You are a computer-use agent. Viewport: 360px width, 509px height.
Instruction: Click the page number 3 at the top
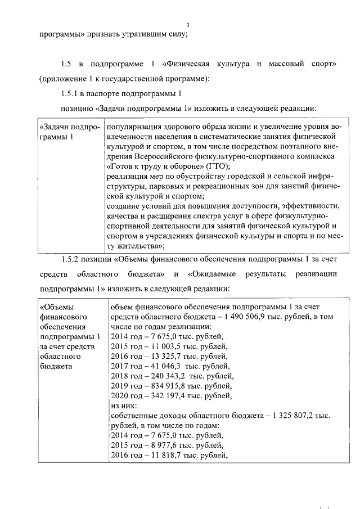188,25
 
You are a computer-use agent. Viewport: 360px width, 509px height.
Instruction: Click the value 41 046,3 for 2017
160,367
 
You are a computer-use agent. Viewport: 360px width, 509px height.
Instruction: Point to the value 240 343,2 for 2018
163,377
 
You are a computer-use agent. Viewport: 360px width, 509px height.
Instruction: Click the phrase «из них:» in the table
123,406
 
